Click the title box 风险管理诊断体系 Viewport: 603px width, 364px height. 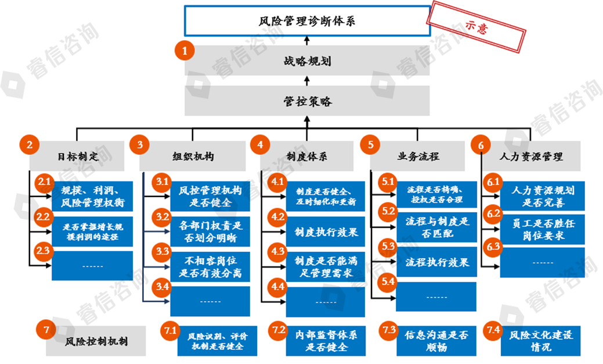point(306,21)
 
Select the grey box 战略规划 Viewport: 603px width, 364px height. point(307,60)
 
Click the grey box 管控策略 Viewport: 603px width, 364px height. point(307,101)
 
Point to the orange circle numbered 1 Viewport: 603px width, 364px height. point(184,51)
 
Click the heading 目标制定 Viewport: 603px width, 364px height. point(77,156)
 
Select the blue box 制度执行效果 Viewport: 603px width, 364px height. point(323,231)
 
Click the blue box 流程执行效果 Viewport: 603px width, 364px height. point(433,262)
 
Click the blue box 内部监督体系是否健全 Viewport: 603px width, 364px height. point(327,341)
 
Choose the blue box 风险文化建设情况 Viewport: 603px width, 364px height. point(540,341)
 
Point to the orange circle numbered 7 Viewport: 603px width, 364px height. point(45,330)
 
